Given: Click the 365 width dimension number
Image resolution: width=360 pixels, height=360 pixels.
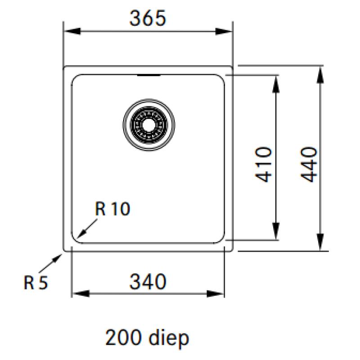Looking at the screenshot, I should click(148, 18).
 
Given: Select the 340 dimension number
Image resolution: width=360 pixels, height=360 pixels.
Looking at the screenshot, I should click(148, 282).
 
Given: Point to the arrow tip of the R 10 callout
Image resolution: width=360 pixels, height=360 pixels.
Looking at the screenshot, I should click(78, 237).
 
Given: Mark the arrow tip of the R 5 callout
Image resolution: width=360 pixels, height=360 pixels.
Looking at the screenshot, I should click(62, 254).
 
